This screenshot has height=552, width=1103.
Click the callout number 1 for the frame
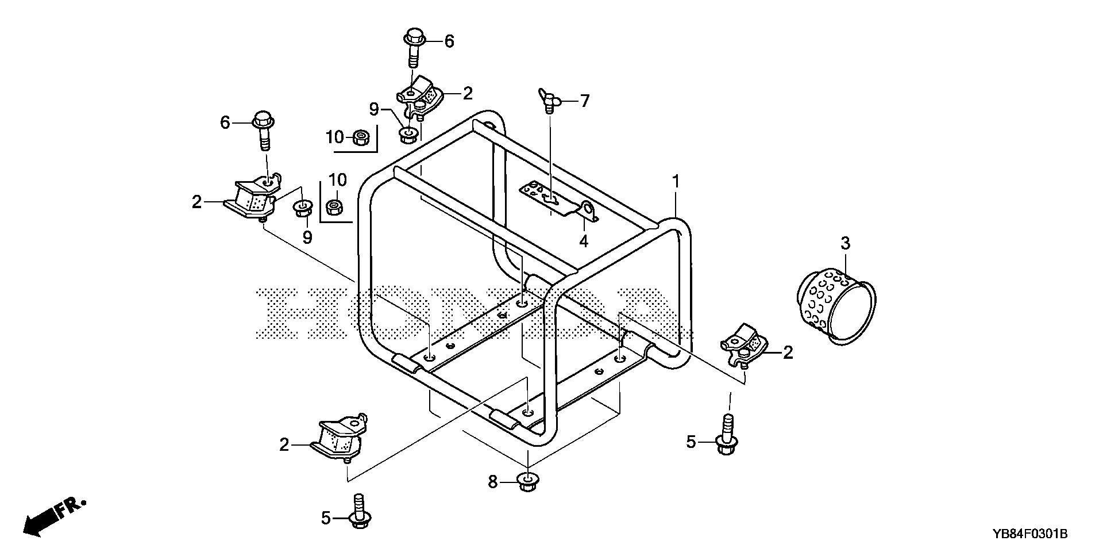676,182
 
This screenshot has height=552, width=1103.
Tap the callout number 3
845,244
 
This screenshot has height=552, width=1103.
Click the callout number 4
584,240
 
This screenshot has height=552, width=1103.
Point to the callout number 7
584,102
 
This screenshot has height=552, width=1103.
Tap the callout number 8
492,482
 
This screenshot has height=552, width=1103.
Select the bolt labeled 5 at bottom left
359,511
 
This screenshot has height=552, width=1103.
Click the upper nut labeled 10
361,137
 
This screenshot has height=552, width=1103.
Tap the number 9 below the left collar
307,236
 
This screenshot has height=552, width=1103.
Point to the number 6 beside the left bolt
225,122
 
